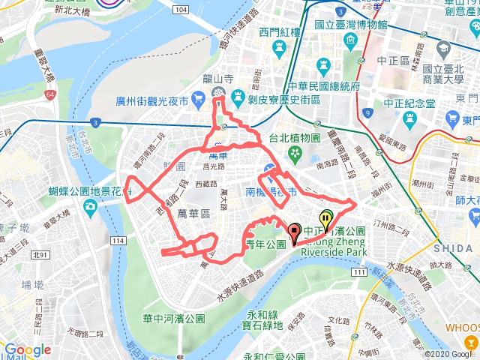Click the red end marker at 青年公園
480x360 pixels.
click(x=293, y=232)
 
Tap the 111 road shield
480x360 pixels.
click(x=361, y=271)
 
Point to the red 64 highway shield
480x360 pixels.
click(x=49, y=95)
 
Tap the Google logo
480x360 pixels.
click(x=27, y=349)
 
